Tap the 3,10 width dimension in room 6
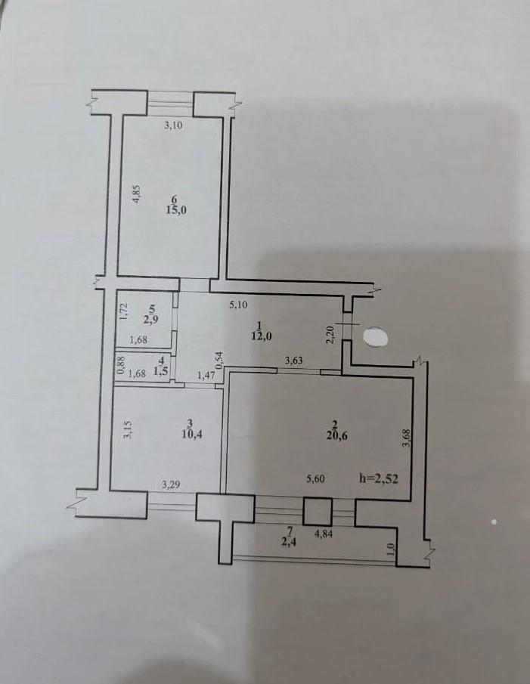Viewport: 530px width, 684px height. coord(172,125)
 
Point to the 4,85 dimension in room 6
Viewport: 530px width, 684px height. coord(137,194)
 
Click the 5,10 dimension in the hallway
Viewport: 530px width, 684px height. coord(238,305)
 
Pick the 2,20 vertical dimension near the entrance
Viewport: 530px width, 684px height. coord(330,335)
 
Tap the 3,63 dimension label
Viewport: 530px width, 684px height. coord(294,361)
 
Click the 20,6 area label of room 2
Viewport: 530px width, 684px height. coord(336,436)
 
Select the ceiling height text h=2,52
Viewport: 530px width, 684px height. coord(378,478)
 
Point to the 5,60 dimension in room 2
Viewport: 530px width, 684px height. coord(315,478)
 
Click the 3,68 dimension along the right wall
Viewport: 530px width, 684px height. coord(406,438)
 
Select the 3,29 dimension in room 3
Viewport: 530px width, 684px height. coord(171,484)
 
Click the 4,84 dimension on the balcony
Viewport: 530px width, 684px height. coord(324,533)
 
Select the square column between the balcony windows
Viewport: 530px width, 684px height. coord(317,511)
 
